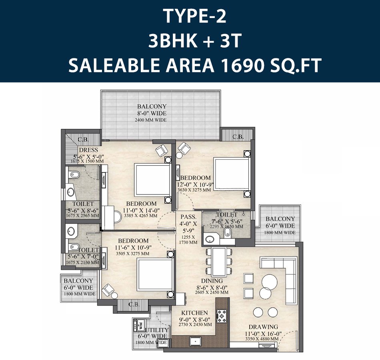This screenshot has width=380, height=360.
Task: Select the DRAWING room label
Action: click(263, 327)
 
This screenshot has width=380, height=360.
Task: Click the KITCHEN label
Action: click(194, 313)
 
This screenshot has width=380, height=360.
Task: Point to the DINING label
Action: click(212, 281)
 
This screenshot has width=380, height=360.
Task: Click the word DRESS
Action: click(88, 150)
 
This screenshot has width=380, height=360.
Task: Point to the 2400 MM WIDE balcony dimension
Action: click(152, 120)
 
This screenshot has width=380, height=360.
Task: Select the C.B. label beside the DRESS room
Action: click(84, 140)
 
